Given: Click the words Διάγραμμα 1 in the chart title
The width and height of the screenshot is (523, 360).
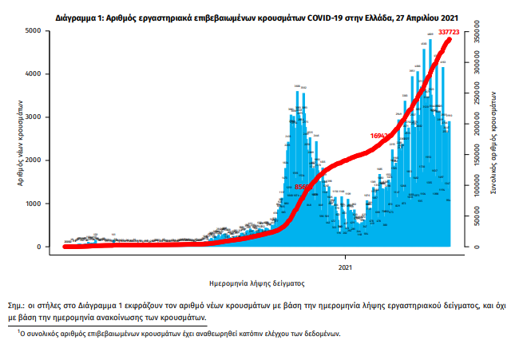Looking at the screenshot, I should pyautogui.click(x=79, y=15).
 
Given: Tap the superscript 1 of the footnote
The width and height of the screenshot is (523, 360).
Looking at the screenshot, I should pyautogui.click(x=18, y=330).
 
